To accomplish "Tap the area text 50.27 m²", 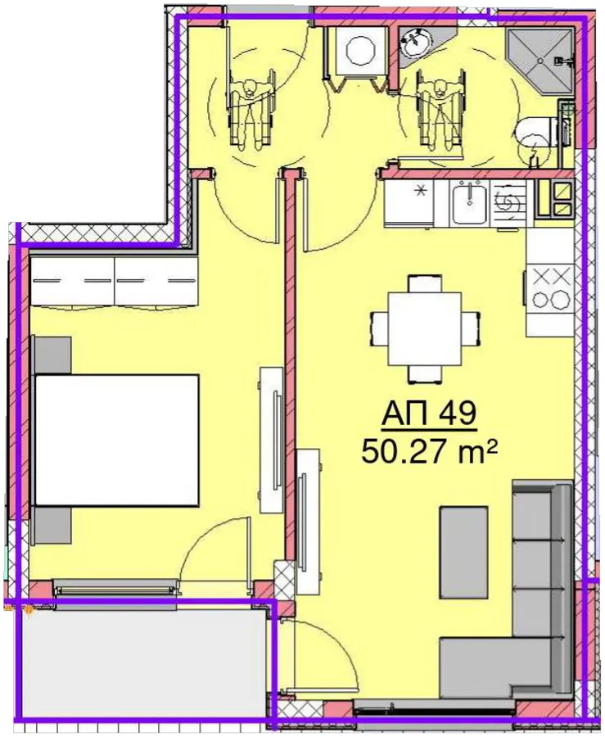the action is pyautogui.click(x=429, y=453).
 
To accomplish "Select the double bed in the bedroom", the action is pyautogui.click(x=116, y=440).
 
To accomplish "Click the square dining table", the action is pyautogui.click(x=425, y=328).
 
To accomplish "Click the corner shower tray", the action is pyautogui.click(x=540, y=60).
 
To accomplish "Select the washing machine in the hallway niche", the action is pyautogui.click(x=359, y=51).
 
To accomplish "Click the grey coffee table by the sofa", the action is pyautogui.click(x=463, y=552).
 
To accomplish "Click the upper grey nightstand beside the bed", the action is pyautogui.click(x=52, y=355).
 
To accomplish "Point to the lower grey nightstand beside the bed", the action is pyautogui.click(x=52, y=526).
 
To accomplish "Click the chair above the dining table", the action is pyautogui.click(x=425, y=283).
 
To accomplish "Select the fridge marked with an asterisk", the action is pyautogui.click(x=409, y=204).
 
